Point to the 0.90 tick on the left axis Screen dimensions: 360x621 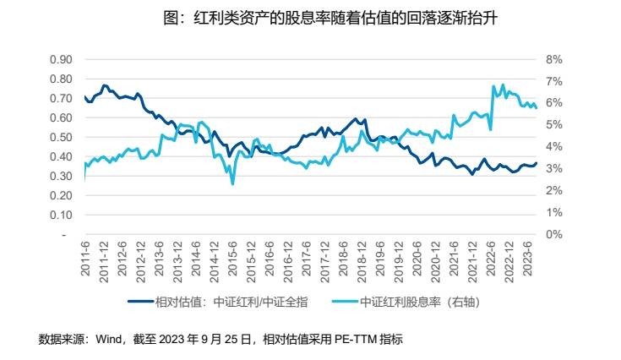click(x=60, y=60)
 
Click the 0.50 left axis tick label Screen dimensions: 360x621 click(x=60, y=138)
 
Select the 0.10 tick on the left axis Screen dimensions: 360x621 click(x=60, y=215)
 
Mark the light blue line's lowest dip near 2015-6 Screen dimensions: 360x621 click(x=232, y=183)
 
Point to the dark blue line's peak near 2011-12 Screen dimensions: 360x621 click(x=104, y=85)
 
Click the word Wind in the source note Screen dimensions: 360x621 click(x=110, y=340)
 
